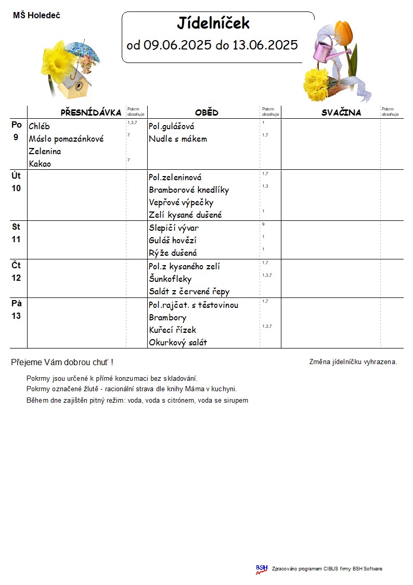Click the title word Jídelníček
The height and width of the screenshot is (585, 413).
click(x=213, y=23)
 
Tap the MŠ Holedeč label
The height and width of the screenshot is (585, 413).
click(x=36, y=16)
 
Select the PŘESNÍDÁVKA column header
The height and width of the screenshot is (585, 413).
click(x=91, y=113)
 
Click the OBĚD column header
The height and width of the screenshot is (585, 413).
click(x=206, y=113)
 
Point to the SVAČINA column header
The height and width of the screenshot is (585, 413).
click(x=341, y=113)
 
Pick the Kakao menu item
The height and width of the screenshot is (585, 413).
click(x=40, y=164)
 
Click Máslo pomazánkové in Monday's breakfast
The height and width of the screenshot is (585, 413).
click(x=66, y=139)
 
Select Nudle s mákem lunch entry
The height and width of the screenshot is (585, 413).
click(x=178, y=139)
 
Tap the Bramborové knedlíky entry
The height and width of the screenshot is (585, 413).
click(x=189, y=190)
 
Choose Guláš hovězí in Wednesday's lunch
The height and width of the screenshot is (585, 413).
click(x=172, y=240)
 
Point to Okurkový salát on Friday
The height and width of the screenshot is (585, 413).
click(x=178, y=342)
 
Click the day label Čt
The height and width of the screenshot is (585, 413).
click(x=16, y=265)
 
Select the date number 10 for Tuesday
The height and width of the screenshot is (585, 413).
click(x=16, y=188)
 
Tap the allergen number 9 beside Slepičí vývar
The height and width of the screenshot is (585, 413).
click(x=264, y=224)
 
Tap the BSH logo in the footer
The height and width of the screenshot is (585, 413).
click(x=261, y=569)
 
